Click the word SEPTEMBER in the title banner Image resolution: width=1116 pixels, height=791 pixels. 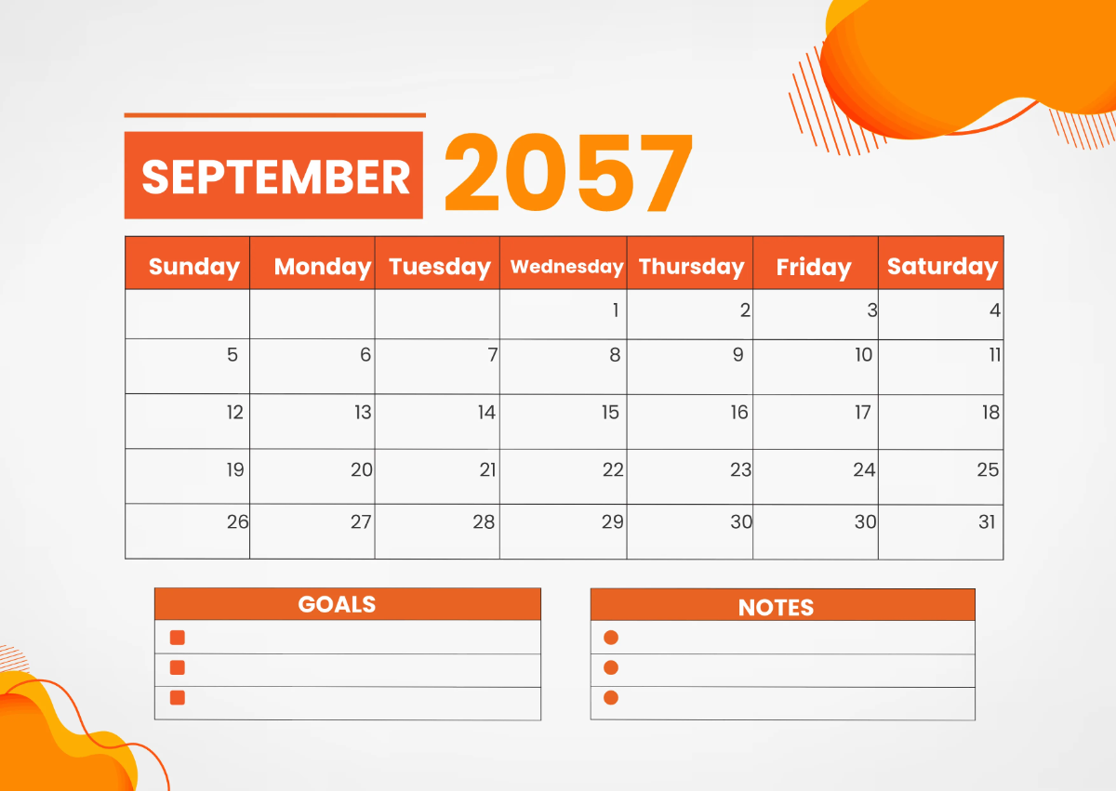coord(275,177)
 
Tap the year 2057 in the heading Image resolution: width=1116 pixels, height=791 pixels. coord(568,174)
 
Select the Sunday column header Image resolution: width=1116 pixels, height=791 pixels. coord(193,267)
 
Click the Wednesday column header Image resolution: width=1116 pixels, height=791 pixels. coord(566,267)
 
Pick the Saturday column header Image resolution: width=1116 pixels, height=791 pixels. coord(942,267)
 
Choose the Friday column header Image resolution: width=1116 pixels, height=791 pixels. coord(814,268)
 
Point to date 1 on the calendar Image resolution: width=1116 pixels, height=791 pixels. coord(615,310)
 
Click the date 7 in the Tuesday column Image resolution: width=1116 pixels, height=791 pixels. coord(492,354)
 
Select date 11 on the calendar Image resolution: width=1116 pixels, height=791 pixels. coord(994,354)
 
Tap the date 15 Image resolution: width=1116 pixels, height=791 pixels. coord(610,412)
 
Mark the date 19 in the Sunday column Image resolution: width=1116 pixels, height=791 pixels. coord(235,469)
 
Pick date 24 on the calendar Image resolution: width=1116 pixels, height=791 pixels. coord(864,469)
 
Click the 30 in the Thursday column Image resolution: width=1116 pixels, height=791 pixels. coord(740,521)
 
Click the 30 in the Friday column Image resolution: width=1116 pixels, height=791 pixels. coord(865,521)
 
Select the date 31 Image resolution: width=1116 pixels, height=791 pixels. coord(987,521)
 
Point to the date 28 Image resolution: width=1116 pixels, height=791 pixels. coord(484,521)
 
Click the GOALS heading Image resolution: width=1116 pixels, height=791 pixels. coord(337,604)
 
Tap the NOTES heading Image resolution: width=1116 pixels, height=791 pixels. coord(776,607)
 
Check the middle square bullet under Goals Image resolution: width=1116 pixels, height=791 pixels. coord(178,667)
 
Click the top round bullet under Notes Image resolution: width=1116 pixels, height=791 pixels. coord(611,638)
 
